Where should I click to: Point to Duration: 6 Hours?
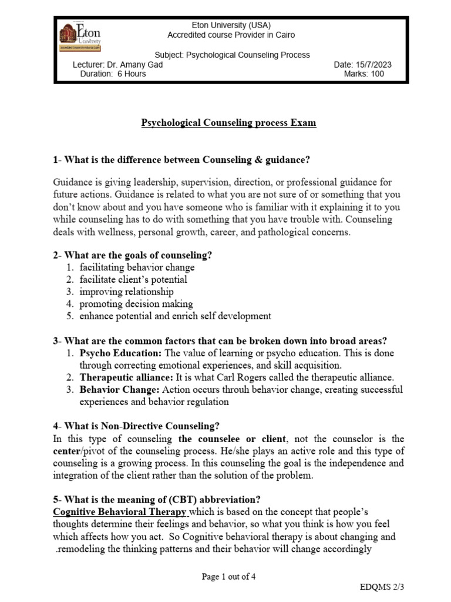[113, 74]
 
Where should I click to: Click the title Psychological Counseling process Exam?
[228, 123]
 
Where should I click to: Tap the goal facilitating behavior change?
[137, 267]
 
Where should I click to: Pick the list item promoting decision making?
[136, 304]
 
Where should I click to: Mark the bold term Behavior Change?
[119, 390]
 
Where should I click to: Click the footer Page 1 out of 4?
[228, 577]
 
